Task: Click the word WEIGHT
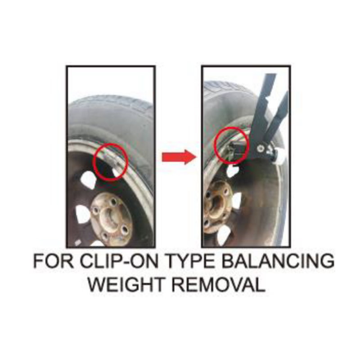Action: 126,284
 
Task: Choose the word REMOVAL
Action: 219,284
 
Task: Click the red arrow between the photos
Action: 179,157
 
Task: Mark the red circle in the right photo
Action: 215,145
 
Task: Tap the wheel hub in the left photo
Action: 112,219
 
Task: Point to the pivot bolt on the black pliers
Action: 260,149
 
